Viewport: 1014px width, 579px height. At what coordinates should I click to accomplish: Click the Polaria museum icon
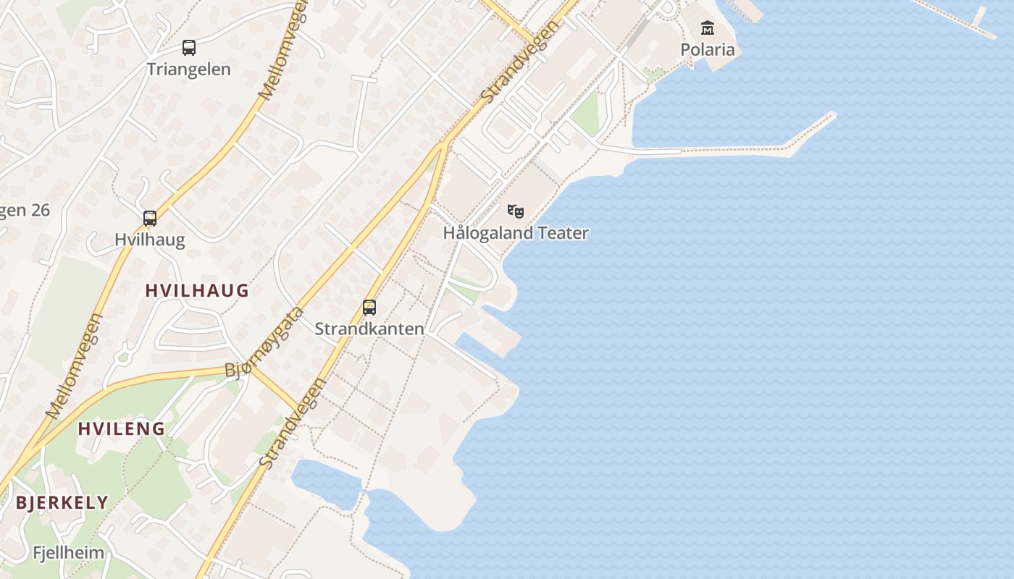(708, 29)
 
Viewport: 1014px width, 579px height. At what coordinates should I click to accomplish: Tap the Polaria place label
(708, 50)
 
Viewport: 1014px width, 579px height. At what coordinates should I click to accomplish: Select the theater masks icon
(516, 211)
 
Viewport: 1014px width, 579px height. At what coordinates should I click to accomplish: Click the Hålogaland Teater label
(516, 233)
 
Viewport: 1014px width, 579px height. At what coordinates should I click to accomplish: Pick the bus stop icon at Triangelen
(189, 48)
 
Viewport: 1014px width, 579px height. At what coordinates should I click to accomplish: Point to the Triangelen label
(189, 69)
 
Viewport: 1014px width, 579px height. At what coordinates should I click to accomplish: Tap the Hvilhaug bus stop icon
(150, 219)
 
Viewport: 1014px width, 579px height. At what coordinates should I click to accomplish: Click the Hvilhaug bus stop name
(150, 240)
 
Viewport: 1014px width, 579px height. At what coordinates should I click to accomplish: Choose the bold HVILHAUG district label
(197, 291)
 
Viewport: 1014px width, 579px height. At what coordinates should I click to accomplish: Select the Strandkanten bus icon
(369, 308)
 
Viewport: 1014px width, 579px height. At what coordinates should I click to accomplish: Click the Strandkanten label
(369, 329)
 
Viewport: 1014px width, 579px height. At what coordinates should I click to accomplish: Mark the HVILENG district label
(122, 428)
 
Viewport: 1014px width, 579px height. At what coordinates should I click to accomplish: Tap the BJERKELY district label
(62, 502)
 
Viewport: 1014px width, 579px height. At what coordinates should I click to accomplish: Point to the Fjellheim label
(69, 553)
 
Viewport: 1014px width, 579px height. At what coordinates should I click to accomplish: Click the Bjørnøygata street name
(264, 343)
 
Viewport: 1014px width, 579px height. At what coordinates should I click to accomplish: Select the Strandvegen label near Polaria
(521, 61)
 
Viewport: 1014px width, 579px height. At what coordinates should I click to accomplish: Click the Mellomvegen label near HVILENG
(75, 366)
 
